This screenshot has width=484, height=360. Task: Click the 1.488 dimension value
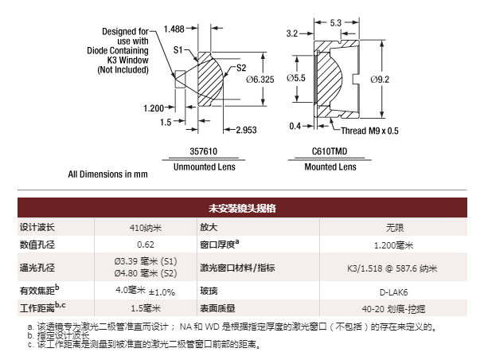(x=174, y=29)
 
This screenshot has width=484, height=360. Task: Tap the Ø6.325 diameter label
(x=260, y=80)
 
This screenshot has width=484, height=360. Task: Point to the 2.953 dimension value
(x=246, y=130)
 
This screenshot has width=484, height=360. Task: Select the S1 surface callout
(x=178, y=49)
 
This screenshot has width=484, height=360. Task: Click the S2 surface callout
(x=241, y=68)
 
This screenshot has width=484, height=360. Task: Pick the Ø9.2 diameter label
(x=380, y=80)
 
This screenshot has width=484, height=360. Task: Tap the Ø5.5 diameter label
(x=296, y=78)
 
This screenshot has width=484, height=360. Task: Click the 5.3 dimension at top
(x=335, y=23)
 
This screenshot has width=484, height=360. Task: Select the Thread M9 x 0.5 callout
(x=369, y=131)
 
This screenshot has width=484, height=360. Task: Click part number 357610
(x=204, y=151)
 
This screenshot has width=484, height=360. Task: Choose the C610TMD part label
(x=330, y=151)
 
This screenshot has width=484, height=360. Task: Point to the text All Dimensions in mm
(x=107, y=174)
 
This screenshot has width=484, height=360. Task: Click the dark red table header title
(x=242, y=208)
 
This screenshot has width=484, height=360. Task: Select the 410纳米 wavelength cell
(x=146, y=228)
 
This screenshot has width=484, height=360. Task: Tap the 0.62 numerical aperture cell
(x=146, y=245)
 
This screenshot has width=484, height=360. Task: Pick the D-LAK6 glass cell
(x=393, y=292)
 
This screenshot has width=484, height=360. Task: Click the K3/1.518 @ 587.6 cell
(x=392, y=268)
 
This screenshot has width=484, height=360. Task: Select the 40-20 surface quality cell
(x=393, y=309)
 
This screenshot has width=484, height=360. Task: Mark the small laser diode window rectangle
(x=180, y=80)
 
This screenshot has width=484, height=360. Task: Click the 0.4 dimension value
(x=295, y=126)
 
